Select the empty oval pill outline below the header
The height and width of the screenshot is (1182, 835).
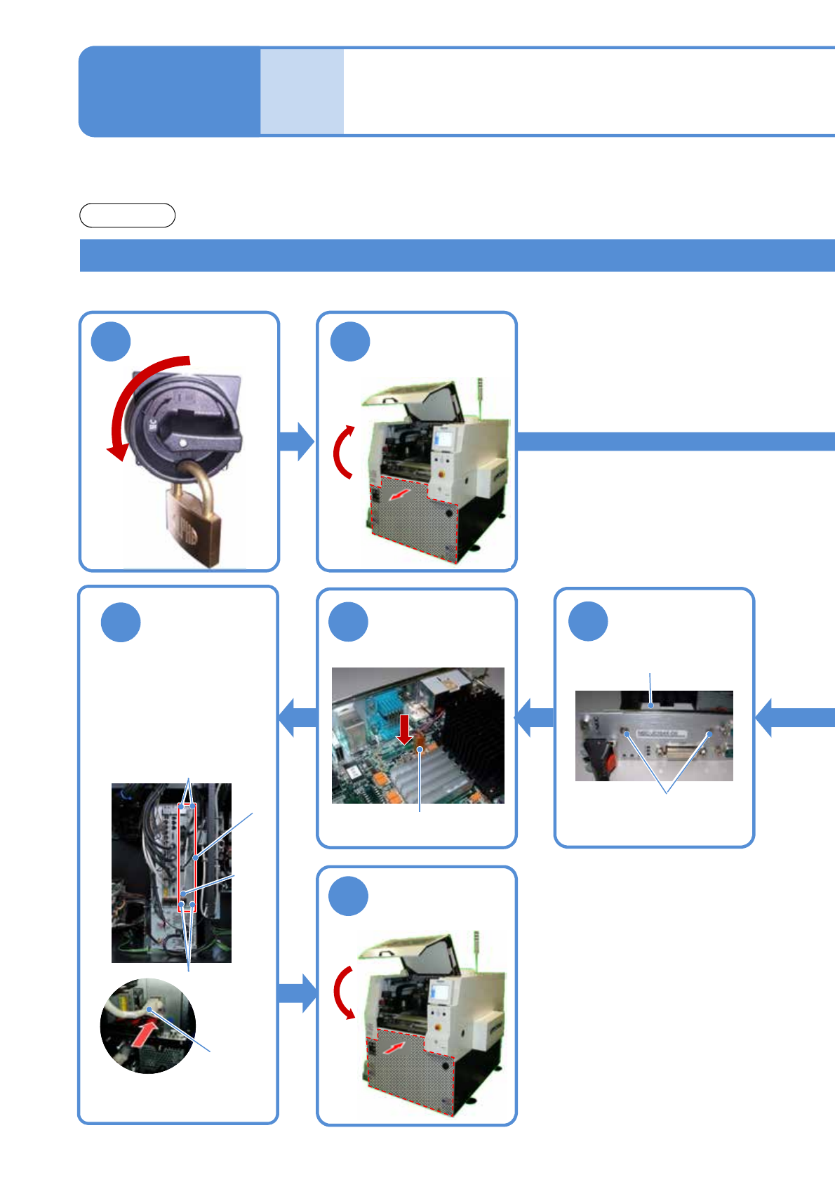coord(127,215)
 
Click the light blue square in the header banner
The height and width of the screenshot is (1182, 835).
coord(302,91)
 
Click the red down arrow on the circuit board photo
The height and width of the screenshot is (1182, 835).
coord(404,729)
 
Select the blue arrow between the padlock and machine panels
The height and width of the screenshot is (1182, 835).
coord(296,441)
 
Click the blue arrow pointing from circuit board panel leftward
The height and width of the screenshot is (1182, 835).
coord(298,717)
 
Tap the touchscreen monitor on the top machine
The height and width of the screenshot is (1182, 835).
coord(444,439)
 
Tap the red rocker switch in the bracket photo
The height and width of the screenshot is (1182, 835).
coord(609,759)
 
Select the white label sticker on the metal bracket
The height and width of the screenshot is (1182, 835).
coord(660,734)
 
